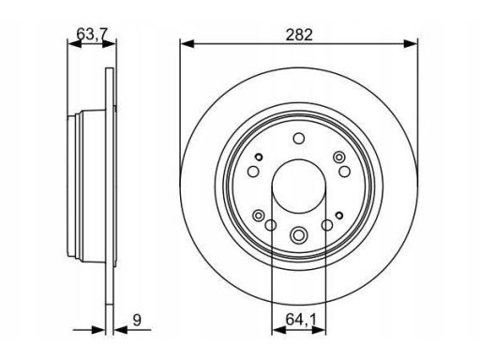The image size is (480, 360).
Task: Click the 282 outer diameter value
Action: point(299,35)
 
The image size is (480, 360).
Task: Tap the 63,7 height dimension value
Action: point(92,34)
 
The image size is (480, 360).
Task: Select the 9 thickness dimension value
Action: point(137,320)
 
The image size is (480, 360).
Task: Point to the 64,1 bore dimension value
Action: point(301,320)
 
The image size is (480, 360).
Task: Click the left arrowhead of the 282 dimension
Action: point(187,44)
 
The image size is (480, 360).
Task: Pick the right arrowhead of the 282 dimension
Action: point(411,44)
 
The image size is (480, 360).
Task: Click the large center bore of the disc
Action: point(299,187)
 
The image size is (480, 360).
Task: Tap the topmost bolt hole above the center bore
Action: point(299,138)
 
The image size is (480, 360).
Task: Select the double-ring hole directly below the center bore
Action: point(298,234)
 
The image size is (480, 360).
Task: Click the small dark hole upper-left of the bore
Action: point(259,157)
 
